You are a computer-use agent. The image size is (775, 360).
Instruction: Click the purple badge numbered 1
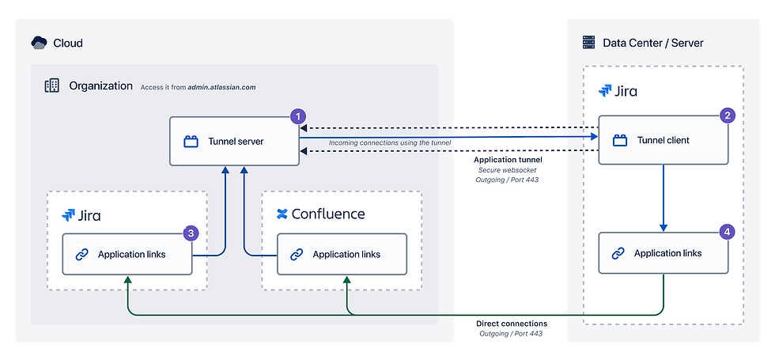click(297, 116)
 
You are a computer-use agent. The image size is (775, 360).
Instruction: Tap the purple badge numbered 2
click(728, 116)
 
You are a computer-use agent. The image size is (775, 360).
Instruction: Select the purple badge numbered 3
click(190, 233)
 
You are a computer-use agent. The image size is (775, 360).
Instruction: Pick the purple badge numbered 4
click(728, 232)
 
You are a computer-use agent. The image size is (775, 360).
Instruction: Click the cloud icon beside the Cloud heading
click(39, 43)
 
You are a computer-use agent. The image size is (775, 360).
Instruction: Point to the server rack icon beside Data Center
click(588, 43)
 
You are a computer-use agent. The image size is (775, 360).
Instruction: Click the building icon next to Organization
click(51, 85)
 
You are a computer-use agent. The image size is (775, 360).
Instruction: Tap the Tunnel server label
click(236, 142)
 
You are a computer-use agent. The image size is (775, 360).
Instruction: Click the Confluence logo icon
click(282, 214)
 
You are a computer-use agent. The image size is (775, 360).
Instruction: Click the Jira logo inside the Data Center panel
click(606, 91)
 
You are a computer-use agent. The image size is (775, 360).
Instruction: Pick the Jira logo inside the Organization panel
click(70, 214)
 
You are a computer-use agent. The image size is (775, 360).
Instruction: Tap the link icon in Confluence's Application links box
click(297, 254)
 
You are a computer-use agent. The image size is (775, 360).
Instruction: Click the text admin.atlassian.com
click(221, 87)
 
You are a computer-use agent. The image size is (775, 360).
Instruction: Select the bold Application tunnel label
click(508, 160)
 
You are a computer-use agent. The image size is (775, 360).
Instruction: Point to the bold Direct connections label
click(512, 324)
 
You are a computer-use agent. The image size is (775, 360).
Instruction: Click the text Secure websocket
click(508, 170)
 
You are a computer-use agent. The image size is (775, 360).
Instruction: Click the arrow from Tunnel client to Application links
click(663, 198)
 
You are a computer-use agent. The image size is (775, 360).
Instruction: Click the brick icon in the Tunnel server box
click(191, 142)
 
